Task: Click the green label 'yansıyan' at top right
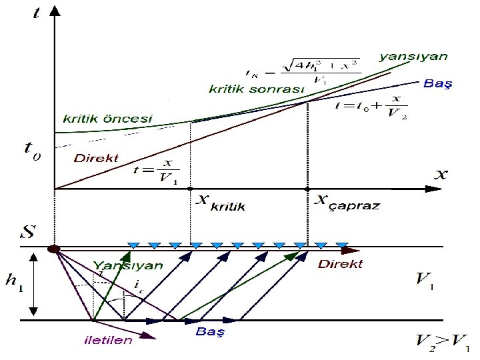pyautogui.click(x=413, y=57)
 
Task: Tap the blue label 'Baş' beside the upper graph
pyautogui.click(x=438, y=85)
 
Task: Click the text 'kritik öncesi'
pyautogui.click(x=107, y=119)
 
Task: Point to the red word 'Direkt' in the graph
pyautogui.click(x=96, y=159)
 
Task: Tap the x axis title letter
pyautogui.click(x=442, y=175)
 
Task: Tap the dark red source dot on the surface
pyautogui.click(x=54, y=249)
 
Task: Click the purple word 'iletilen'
pyautogui.click(x=107, y=340)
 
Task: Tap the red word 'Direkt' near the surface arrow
pyautogui.click(x=341, y=264)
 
